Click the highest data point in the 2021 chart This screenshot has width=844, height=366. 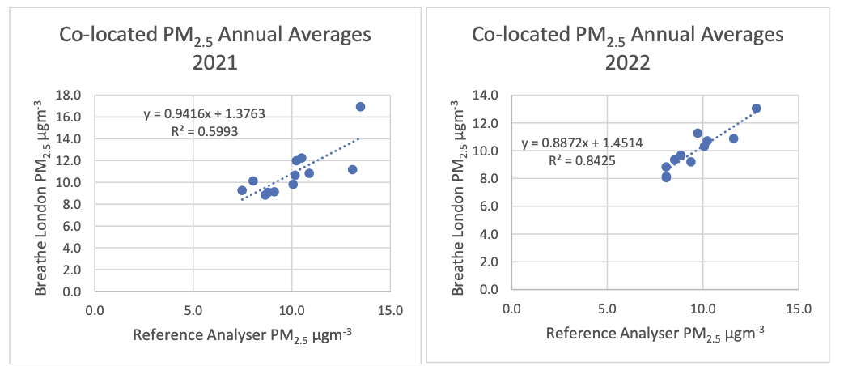pos(360,107)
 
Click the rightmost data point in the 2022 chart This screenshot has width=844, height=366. pos(756,109)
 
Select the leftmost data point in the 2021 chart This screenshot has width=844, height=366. pos(242,190)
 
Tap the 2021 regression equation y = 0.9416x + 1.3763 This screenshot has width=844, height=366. pos(204,114)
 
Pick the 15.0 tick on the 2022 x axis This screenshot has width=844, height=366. pos(799,309)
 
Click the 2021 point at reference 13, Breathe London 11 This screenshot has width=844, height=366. pos(352,169)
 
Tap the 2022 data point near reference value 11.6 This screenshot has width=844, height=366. pos(733,138)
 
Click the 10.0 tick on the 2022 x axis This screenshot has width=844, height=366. pos(702,309)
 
